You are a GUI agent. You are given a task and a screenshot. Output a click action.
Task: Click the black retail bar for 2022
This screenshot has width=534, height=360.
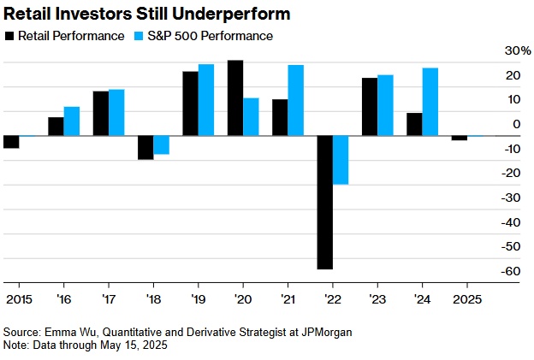click(x=325, y=203)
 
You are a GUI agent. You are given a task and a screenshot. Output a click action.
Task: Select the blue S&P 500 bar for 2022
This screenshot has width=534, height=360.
click(x=341, y=160)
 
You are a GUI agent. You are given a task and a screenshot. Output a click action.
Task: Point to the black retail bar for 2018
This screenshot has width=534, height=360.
click(x=145, y=148)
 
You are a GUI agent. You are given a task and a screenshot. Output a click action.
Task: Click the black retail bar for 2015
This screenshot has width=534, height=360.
click(x=11, y=142)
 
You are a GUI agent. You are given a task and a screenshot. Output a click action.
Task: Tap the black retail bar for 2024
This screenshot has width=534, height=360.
click(x=414, y=124)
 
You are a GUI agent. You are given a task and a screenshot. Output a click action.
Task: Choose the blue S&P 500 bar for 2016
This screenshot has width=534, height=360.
click(x=72, y=121)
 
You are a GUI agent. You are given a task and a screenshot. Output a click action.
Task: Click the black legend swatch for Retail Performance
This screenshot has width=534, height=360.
click(x=9, y=36)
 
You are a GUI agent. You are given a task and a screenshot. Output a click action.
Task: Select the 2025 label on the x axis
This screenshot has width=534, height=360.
click(x=466, y=300)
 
